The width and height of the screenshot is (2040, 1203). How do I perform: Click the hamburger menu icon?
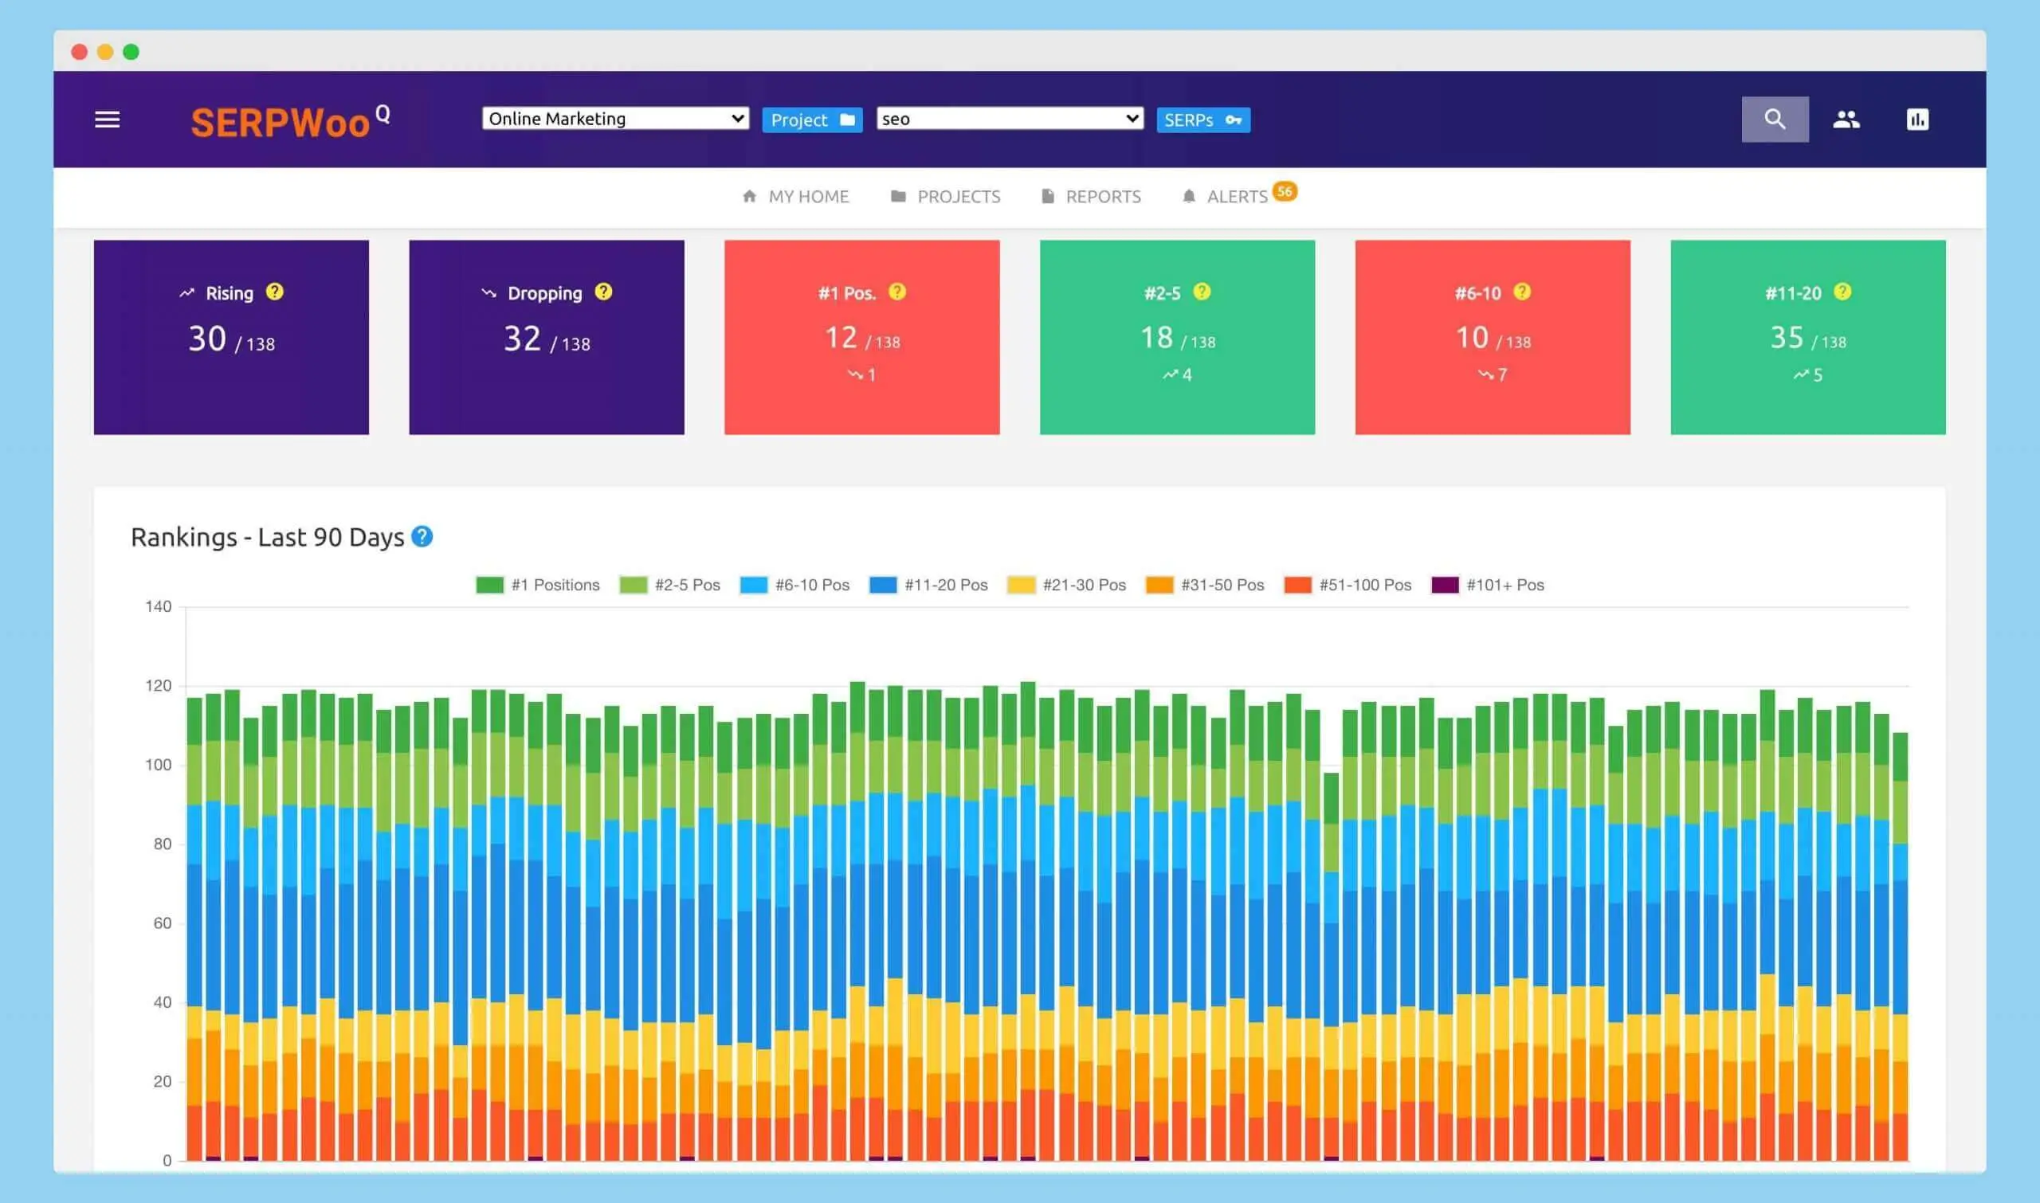coord(107,120)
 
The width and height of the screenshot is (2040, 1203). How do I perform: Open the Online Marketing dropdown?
coord(614,119)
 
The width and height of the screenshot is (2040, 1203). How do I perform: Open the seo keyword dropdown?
coord(1009,119)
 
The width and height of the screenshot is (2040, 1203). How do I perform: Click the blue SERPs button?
coord(1202,120)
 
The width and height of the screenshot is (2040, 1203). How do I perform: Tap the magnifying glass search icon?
coord(1774,120)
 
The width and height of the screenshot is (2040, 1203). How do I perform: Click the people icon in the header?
coord(1846,120)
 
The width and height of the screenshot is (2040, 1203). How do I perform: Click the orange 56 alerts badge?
coord(1285,191)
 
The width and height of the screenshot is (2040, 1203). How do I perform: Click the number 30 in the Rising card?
coord(206,339)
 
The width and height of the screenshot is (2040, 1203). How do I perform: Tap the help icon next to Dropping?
coord(603,292)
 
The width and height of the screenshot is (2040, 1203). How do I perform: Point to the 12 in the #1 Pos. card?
coord(841,337)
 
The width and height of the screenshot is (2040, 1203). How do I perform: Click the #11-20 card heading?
coord(1793,293)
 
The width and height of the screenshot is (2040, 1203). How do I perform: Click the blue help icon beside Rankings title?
coord(422,537)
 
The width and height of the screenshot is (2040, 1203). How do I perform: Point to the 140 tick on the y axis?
coord(158,606)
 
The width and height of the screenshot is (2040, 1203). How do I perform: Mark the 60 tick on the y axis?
coord(162,923)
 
